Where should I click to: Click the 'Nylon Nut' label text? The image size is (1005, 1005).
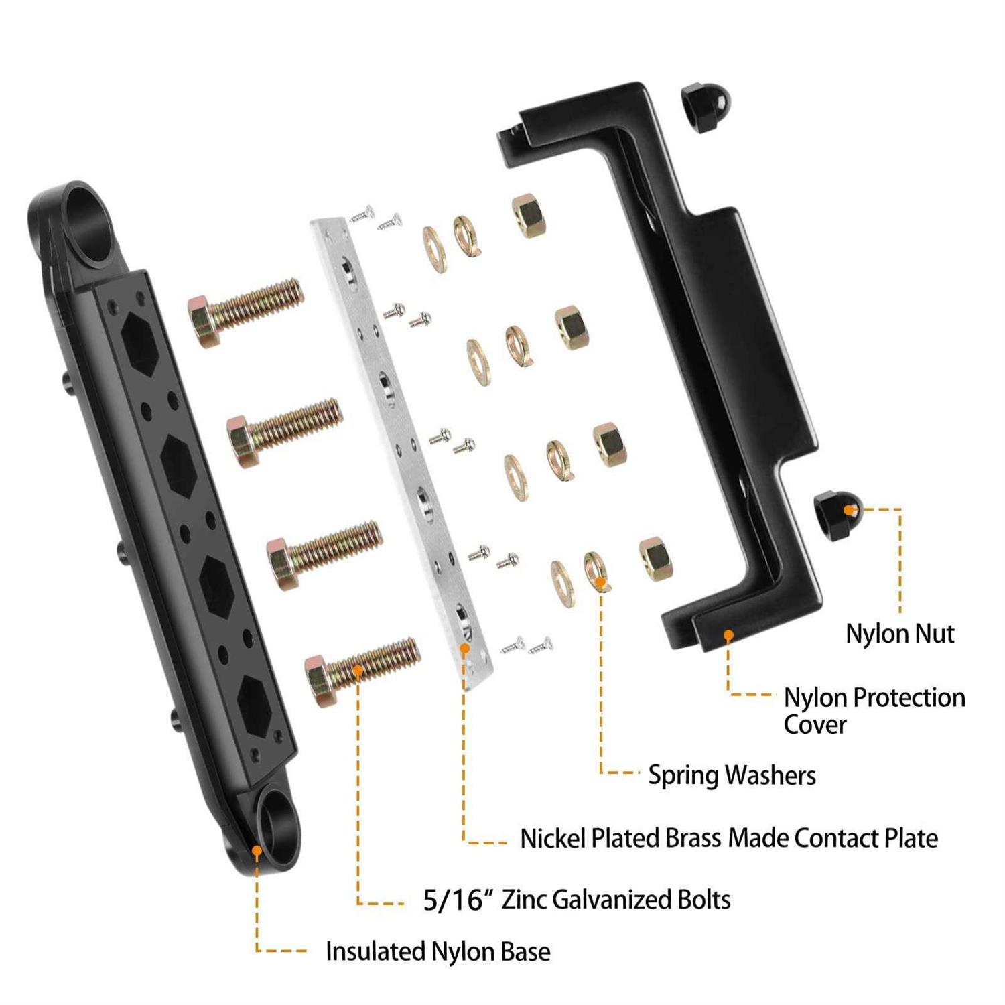pyautogui.click(x=899, y=634)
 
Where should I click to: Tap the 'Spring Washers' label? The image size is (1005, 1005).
pyautogui.click(x=732, y=775)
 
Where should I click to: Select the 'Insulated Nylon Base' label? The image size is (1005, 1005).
pyautogui.click(x=438, y=951)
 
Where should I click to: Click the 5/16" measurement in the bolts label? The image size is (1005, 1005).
pyautogui.click(x=453, y=900)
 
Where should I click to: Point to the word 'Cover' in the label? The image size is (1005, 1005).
pyautogui.click(x=815, y=725)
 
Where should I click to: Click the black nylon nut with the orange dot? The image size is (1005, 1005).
pyautogui.click(x=836, y=515)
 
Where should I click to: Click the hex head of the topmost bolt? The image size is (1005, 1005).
pyautogui.click(x=204, y=322)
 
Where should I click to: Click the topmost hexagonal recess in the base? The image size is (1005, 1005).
pyautogui.click(x=140, y=342)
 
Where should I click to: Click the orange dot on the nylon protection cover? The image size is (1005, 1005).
pyautogui.click(x=728, y=634)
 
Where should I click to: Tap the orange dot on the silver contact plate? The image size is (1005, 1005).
pyautogui.click(x=464, y=648)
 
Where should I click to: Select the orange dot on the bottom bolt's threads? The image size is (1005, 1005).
pyautogui.click(x=358, y=669)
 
